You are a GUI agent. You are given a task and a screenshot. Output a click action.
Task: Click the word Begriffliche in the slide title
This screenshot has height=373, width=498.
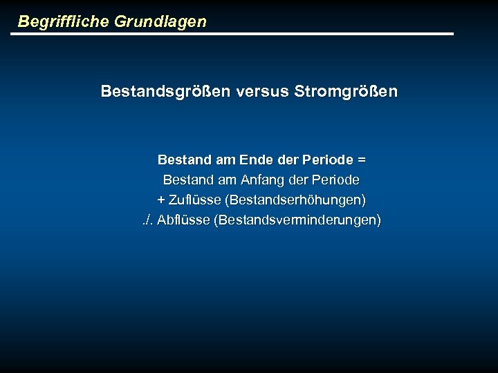[61, 21]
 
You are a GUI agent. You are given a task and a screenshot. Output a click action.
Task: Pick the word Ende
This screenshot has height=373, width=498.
[256, 160]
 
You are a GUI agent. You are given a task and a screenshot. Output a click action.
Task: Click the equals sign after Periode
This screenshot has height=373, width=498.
[362, 160]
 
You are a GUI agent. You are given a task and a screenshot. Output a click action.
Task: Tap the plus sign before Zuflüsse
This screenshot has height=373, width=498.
[161, 200]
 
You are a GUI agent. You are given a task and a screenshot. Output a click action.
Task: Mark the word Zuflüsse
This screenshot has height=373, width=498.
[194, 200]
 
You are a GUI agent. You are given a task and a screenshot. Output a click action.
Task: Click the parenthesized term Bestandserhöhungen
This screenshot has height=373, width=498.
[295, 200]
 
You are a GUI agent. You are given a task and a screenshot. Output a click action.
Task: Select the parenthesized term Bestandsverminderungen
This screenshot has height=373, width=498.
[297, 220]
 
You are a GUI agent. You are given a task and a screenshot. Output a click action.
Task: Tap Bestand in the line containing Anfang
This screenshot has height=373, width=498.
[189, 180]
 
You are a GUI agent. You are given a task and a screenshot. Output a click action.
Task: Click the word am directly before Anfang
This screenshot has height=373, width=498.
[228, 180]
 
